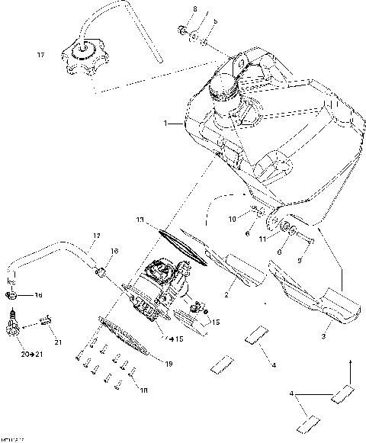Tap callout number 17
pos(41,55)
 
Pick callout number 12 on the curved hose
pos(97,236)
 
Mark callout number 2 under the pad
pos(204,293)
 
